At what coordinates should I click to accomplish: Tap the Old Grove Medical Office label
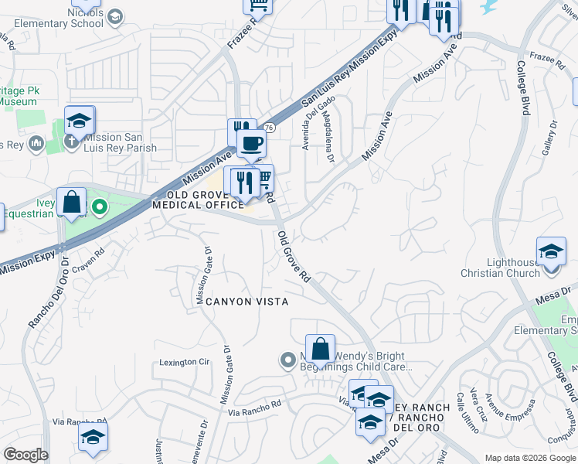198,200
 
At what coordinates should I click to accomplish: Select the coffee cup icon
250,142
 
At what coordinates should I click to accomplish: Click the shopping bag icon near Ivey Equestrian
71,203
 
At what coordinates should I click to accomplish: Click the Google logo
25,455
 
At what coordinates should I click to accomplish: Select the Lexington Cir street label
185,361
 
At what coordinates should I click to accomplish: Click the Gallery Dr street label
549,141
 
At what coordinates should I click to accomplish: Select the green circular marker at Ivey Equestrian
99,207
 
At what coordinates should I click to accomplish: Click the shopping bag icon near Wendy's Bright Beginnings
319,350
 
